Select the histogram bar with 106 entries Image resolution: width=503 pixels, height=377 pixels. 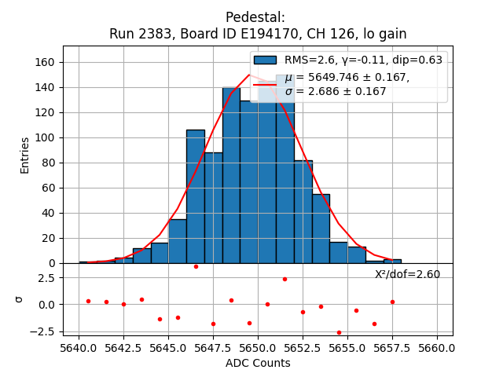click(195, 196)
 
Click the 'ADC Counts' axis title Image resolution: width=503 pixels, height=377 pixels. click(258, 363)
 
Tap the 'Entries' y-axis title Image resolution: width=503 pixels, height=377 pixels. click(25, 155)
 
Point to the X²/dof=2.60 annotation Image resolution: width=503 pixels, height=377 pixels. click(407, 275)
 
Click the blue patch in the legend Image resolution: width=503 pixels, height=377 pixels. click(265, 60)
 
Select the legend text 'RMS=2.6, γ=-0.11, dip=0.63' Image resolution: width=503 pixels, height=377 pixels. click(363, 60)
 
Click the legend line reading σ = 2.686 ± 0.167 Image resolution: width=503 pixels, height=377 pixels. click(336, 91)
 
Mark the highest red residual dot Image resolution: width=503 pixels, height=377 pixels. click(196, 266)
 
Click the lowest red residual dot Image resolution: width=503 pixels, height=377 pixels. click(339, 332)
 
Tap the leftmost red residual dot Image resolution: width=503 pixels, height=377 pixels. click(88, 301)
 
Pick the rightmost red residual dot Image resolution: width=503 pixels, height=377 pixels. click(392, 302)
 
